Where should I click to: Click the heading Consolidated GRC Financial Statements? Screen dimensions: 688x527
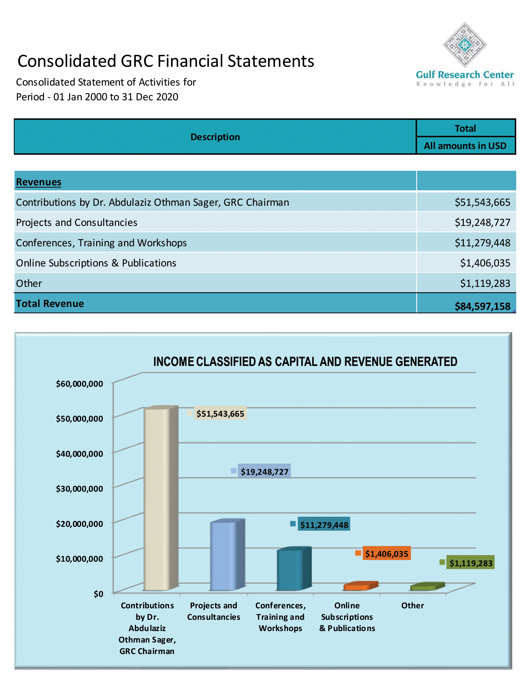pyautogui.click(x=166, y=61)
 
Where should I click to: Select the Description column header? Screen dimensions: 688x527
pyautogui.click(x=215, y=137)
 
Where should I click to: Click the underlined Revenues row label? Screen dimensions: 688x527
pyautogui.click(x=39, y=182)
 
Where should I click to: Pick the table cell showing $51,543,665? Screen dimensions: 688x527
pyautogui.click(x=482, y=202)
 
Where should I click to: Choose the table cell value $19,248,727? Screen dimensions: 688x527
pyautogui.click(x=482, y=222)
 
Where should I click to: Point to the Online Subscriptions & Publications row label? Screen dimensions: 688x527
pyautogui.click(x=96, y=263)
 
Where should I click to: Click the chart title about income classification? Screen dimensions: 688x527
pyautogui.click(x=305, y=362)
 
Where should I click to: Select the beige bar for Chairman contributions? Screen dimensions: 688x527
pyautogui.click(x=157, y=499)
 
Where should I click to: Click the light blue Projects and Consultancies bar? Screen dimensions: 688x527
pyautogui.click(x=223, y=555)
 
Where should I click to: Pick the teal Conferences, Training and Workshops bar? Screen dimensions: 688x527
pyautogui.click(x=290, y=569)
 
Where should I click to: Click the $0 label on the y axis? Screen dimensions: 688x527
pyautogui.click(x=98, y=594)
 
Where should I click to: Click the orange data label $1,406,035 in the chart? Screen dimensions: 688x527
pyautogui.click(x=386, y=554)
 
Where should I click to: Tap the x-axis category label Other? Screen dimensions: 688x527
pyautogui.click(x=412, y=606)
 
